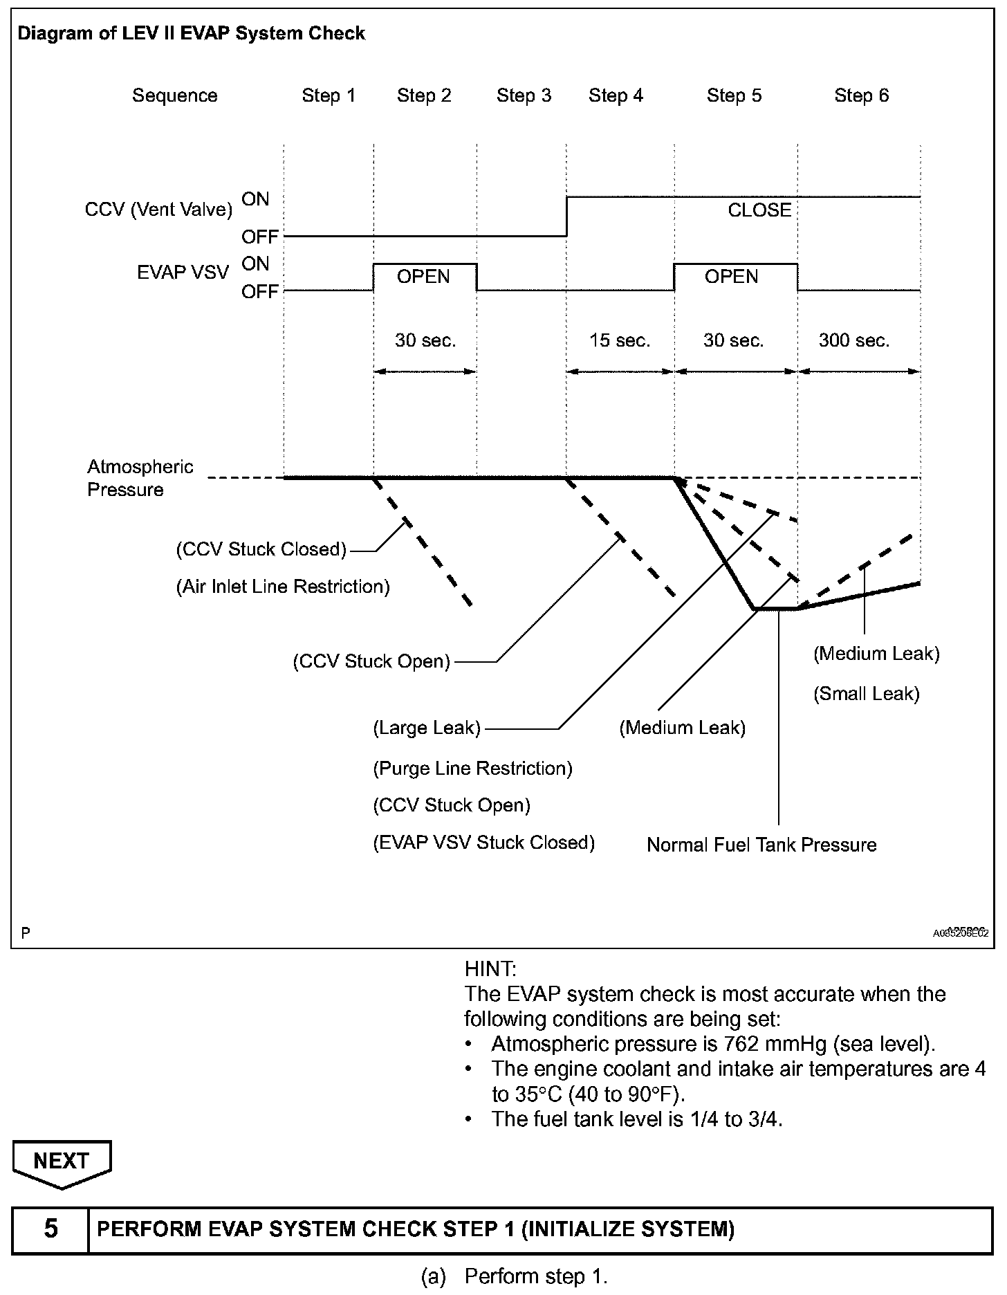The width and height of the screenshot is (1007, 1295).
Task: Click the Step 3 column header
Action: pos(524,95)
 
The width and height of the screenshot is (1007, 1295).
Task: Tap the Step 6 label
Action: pos(861,95)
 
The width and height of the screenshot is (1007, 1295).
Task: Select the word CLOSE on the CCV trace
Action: pos(759,210)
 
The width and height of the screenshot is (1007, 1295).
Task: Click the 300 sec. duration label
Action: pos(854,340)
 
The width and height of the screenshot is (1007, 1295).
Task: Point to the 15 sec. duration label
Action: pos(620,340)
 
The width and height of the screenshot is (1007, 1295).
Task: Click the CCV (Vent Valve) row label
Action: pos(158,210)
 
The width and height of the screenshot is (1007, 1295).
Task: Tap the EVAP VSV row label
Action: pos(183,273)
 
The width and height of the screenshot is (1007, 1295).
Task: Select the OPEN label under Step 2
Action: pos(423,277)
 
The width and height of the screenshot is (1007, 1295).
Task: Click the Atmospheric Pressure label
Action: pos(140,478)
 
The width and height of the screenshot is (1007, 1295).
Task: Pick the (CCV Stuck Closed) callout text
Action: pos(261,549)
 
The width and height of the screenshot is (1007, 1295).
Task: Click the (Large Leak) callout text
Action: pos(427,728)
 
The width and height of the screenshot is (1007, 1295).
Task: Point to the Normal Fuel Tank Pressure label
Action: pos(761,845)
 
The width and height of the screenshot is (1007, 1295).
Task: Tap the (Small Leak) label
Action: pos(867,694)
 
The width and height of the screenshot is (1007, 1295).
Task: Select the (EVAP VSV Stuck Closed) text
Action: pos(484,843)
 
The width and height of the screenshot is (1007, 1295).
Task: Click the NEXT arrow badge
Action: pos(61,1160)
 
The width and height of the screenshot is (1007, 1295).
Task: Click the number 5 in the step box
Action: pos(50,1229)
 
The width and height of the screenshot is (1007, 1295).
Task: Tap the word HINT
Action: pos(490,968)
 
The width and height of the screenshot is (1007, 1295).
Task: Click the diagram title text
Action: pos(191,33)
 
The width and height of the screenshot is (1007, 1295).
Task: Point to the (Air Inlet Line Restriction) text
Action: pos(283,587)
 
